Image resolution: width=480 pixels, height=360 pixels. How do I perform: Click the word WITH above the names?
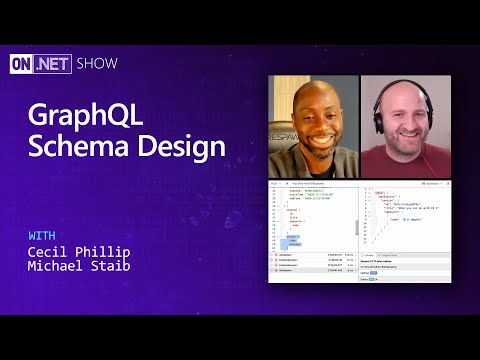43,235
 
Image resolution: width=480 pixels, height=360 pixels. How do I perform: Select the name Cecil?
51,252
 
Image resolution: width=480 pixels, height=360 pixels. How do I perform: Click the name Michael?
58,268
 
